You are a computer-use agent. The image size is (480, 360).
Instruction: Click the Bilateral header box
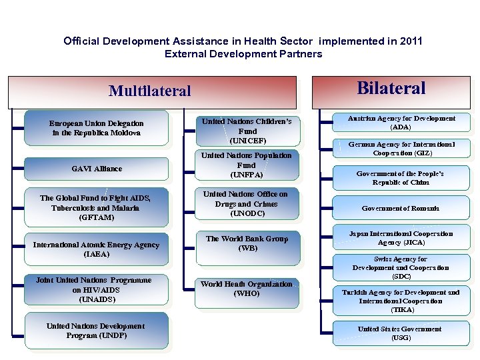click(391, 89)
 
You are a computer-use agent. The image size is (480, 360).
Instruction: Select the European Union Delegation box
click(97, 128)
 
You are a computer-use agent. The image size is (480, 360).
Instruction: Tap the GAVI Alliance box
click(97, 169)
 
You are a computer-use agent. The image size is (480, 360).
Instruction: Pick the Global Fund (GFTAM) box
click(95, 207)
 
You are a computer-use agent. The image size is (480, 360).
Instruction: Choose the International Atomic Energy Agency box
click(97, 249)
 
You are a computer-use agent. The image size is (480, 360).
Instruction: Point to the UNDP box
click(96, 331)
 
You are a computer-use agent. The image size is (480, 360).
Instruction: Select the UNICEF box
click(247, 131)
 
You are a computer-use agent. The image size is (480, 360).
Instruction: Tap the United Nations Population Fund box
click(247, 165)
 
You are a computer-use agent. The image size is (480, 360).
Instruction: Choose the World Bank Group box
click(247, 243)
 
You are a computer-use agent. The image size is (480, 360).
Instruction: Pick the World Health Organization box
click(247, 289)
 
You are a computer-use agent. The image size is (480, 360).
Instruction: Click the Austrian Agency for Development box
click(401, 123)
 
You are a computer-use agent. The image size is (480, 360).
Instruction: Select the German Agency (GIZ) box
click(401, 148)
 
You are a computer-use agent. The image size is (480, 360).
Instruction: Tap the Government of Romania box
click(401, 209)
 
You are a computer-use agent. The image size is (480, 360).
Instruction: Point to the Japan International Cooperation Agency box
click(401, 238)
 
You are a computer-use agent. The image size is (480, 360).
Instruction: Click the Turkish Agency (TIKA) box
click(401, 301)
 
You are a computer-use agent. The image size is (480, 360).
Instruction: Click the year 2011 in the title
click(411, 41)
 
